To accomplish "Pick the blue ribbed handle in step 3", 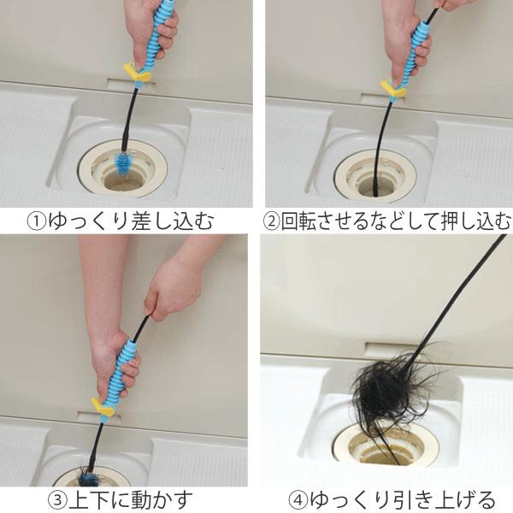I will click(x=123, y=368).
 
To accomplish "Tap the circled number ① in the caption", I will click(x=35, y=222).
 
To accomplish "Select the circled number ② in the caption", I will click(x=272, y=222).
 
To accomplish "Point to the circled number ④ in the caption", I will click(x=294, y=498).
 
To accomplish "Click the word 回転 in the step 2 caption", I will click(x=301, y=222).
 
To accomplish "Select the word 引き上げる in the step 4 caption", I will click(x=445, y=498).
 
